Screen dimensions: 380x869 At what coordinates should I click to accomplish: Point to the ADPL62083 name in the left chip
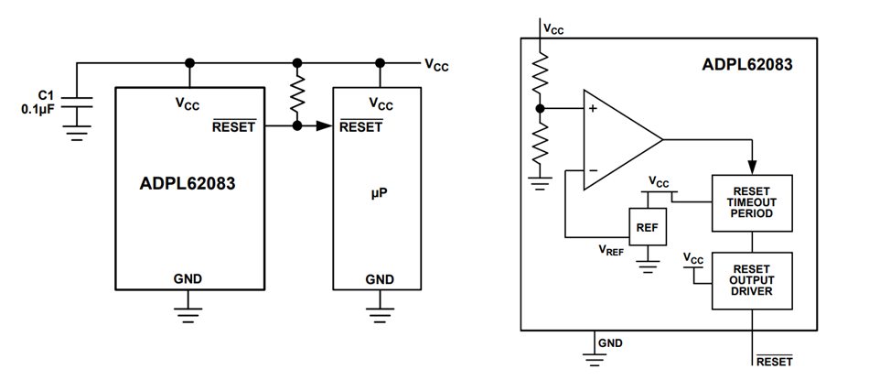tap(188, 183)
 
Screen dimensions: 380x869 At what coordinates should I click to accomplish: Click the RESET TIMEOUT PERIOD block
tap(752, 201)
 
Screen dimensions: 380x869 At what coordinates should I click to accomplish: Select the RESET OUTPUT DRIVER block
tap(752, 279)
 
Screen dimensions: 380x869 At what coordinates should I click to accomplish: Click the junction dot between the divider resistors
tap(541, 108)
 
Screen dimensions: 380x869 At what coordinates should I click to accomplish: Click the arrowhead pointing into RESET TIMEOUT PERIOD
tap(752, 167)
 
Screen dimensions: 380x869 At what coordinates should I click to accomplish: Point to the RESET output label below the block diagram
tap(774, 362)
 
